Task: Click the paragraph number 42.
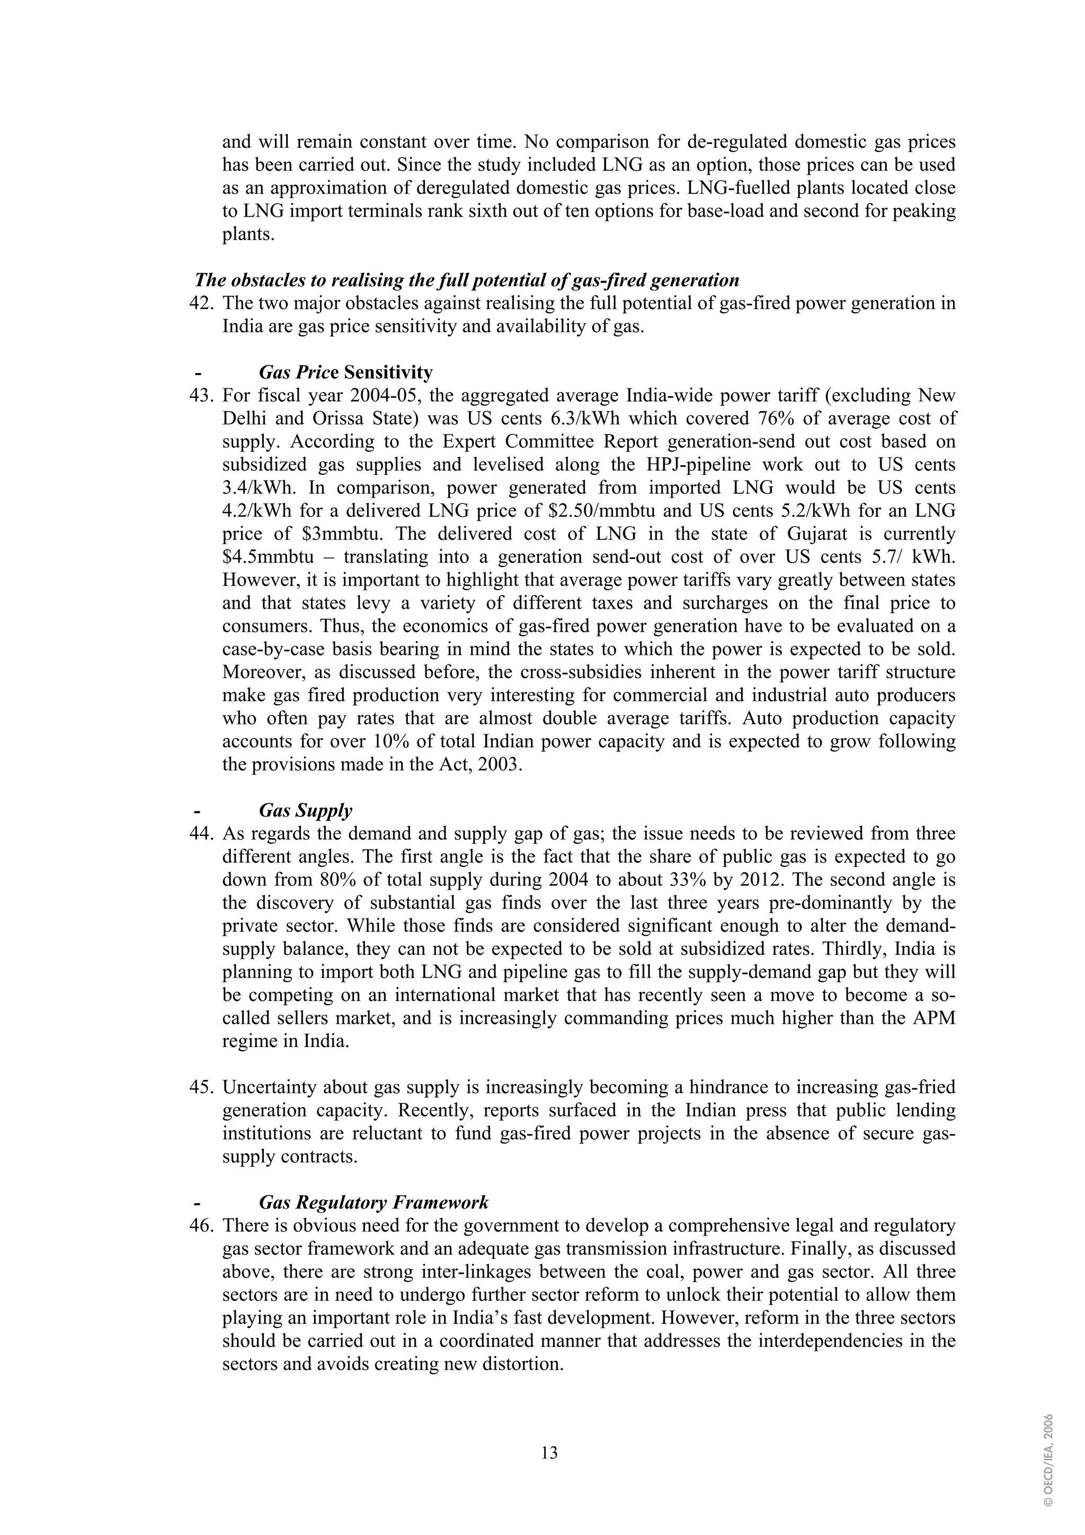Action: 201,304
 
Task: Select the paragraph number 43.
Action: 201,396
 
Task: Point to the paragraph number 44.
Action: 201,833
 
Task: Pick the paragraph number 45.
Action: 201,1087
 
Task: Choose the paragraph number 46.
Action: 201,1226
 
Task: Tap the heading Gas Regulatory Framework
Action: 373,1203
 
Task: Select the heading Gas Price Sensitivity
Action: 345,372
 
